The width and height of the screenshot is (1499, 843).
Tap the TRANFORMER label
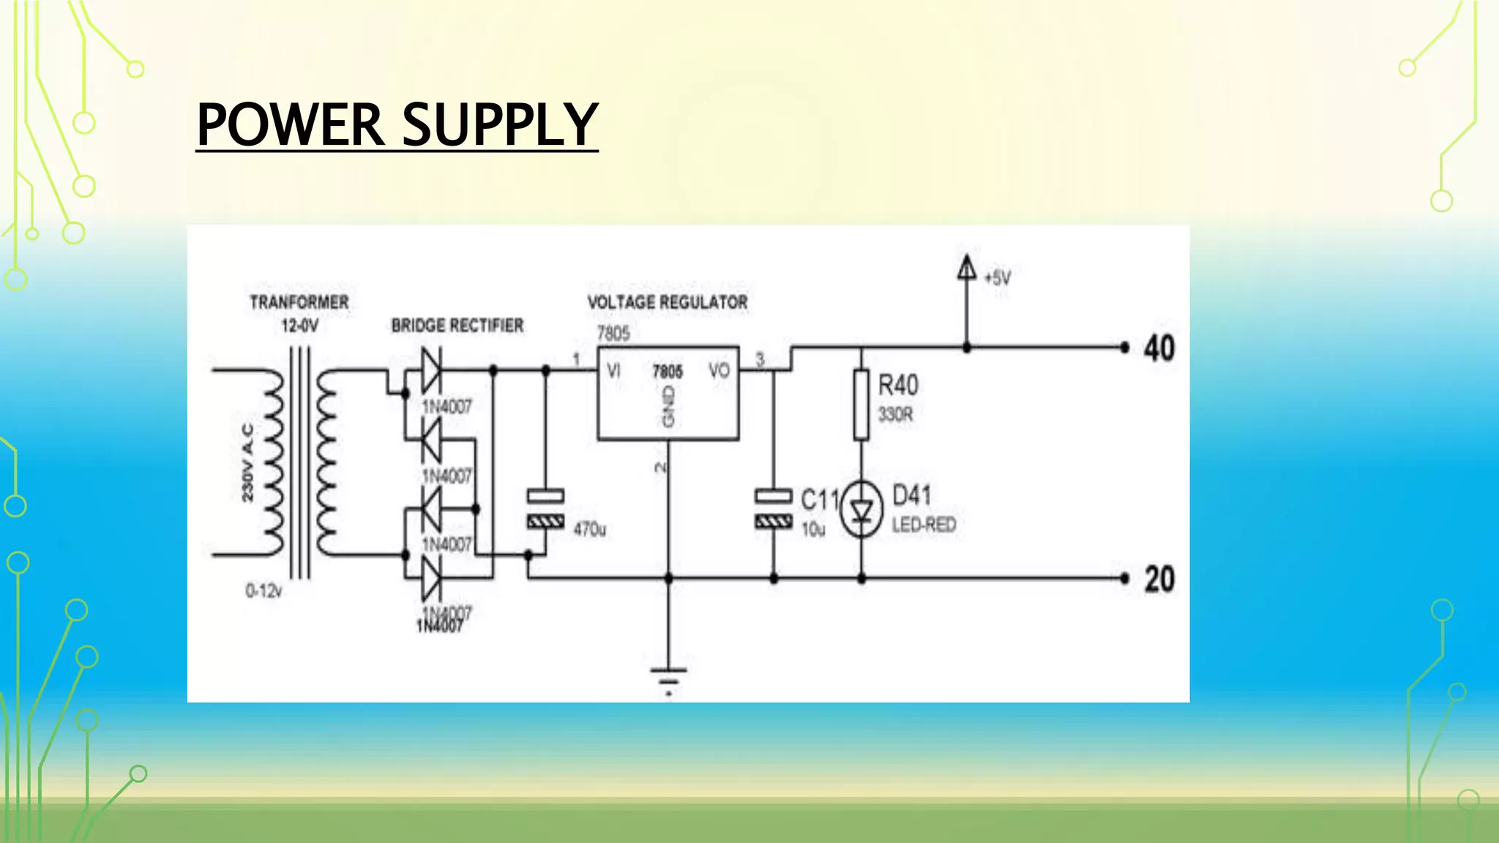coord(299,302)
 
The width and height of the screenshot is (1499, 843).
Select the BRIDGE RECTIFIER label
coord(457,326)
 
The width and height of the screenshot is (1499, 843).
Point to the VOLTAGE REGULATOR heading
coord(668,302)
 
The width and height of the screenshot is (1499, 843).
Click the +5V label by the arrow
coord(998,278)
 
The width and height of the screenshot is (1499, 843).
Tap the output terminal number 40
coord(1159,348)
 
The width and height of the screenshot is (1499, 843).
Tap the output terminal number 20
coord(1159,580)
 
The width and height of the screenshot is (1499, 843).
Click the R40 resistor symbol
coord(861,405)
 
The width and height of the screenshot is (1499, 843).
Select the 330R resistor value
coord(896,415)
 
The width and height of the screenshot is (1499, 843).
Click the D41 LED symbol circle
coord(861,510)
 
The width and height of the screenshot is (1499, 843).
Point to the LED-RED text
coord(924,525)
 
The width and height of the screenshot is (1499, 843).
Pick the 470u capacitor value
coord(590,528)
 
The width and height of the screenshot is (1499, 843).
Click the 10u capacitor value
coord(813,529)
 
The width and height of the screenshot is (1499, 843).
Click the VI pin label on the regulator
coord(613,372)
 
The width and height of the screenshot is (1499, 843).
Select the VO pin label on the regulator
coord(719,371)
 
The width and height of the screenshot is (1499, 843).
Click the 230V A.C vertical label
coord(248,462)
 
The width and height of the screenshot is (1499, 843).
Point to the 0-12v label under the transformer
coord(263,590)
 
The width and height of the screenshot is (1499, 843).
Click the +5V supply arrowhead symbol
coord(967,267)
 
